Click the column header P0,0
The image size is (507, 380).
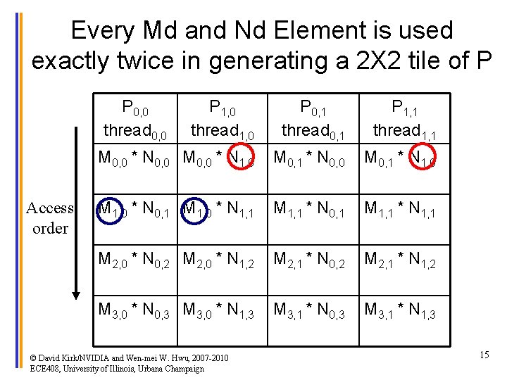[134, 108]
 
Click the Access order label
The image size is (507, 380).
[50, 218]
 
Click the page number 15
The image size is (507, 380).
[484, 355]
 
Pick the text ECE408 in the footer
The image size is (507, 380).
[46, 368]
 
